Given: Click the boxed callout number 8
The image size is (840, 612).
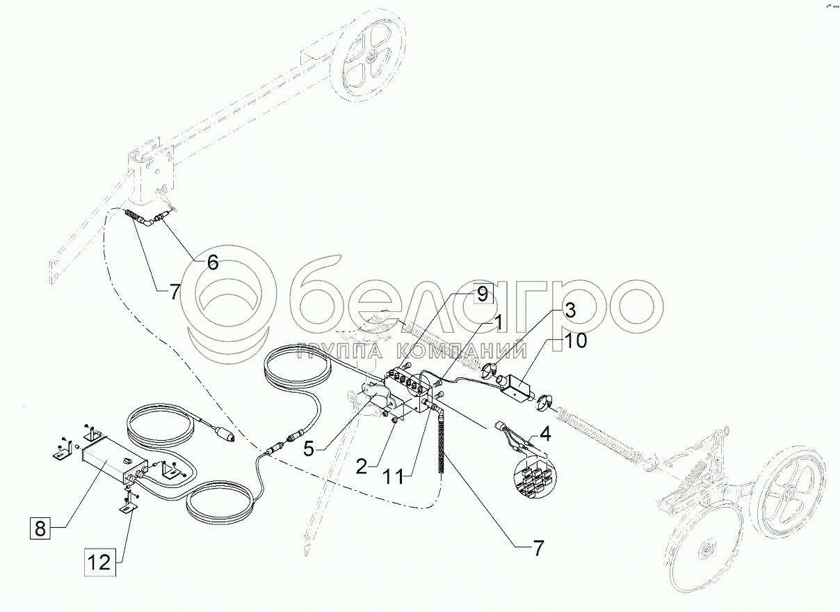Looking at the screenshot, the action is click(x=40, y=529).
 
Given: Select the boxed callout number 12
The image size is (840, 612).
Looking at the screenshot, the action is click(x=99, y=562).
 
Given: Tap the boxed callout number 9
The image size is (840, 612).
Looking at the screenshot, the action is click(x=483, y=295).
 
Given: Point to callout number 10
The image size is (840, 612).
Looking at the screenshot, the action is click(x=574, y=341).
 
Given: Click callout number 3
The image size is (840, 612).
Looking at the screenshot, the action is click(x=570, y=311).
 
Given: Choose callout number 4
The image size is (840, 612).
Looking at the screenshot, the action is click(x=546, y=434).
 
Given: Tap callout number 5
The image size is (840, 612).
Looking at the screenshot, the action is click(x=308, y=449).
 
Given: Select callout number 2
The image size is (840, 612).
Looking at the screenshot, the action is click(x=362, y=467).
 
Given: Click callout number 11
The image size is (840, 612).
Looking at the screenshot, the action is click(x=394, y=478).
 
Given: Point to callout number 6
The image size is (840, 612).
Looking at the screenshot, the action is click(x=213, y=262).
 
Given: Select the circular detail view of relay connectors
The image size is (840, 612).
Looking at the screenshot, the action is click(x=535, y=477).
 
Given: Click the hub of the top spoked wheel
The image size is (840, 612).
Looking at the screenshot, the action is click(x=373, y=58).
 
